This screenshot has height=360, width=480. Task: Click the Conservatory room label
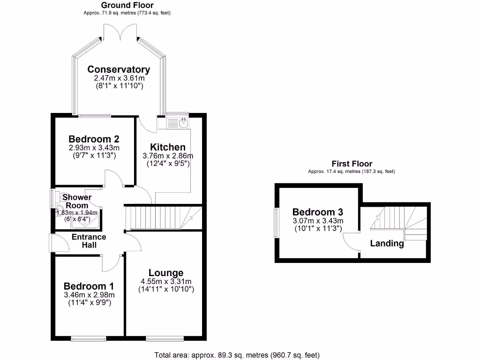(x=119, y=69)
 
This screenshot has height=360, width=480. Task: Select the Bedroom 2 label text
(x=94, y=139)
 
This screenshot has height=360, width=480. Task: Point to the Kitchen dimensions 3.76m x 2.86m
(x=167, y=156)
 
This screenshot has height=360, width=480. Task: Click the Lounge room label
(x=166, y=273)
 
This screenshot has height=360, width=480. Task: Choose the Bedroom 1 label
(x=89, y=286)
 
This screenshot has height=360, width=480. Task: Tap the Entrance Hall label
(x=89, y=241)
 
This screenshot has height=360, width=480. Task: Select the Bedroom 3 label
(x=318, y=211)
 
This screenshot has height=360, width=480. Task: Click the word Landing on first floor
(x=387, y=243)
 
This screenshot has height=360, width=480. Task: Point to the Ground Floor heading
(x=120, y=5)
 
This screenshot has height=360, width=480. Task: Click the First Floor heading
(x=352, y=164)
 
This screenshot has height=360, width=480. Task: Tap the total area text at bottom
(x=237, y=355)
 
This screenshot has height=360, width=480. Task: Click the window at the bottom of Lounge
(x=165, y=338)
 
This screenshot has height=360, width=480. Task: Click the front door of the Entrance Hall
(x=52, y=243)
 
